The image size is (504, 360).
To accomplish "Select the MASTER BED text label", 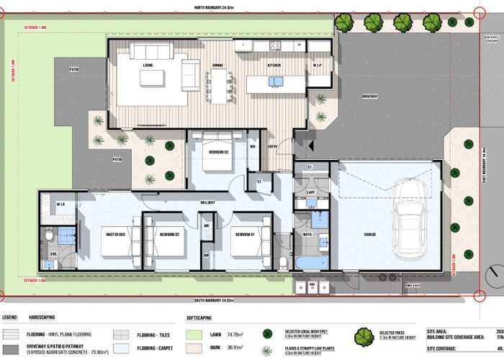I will coord(116,234).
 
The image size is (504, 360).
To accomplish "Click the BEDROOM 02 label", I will coord(168,234).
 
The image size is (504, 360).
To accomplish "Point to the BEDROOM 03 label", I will coord(218,152).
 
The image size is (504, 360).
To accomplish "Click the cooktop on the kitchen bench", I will coord(275,45).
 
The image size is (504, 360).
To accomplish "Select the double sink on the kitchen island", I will coord(276,81).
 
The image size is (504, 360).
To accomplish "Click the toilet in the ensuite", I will coord(49,235).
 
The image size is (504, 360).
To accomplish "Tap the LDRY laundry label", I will coord(312,192).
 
